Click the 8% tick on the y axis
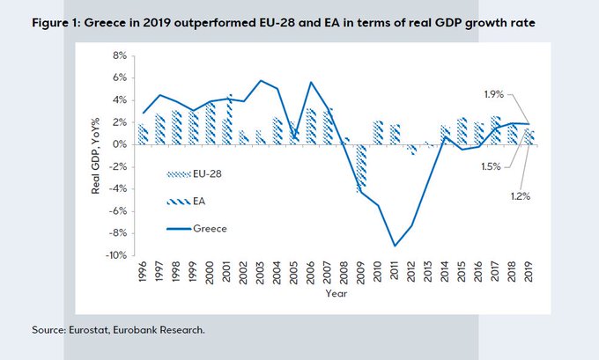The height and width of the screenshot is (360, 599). click(117, 55)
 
